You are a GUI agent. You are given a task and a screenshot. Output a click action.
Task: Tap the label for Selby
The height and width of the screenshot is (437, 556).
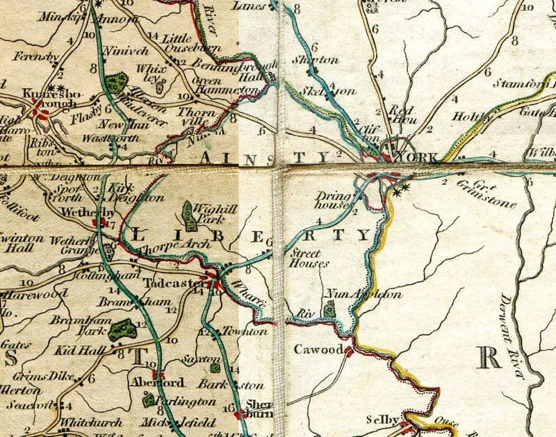382,420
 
